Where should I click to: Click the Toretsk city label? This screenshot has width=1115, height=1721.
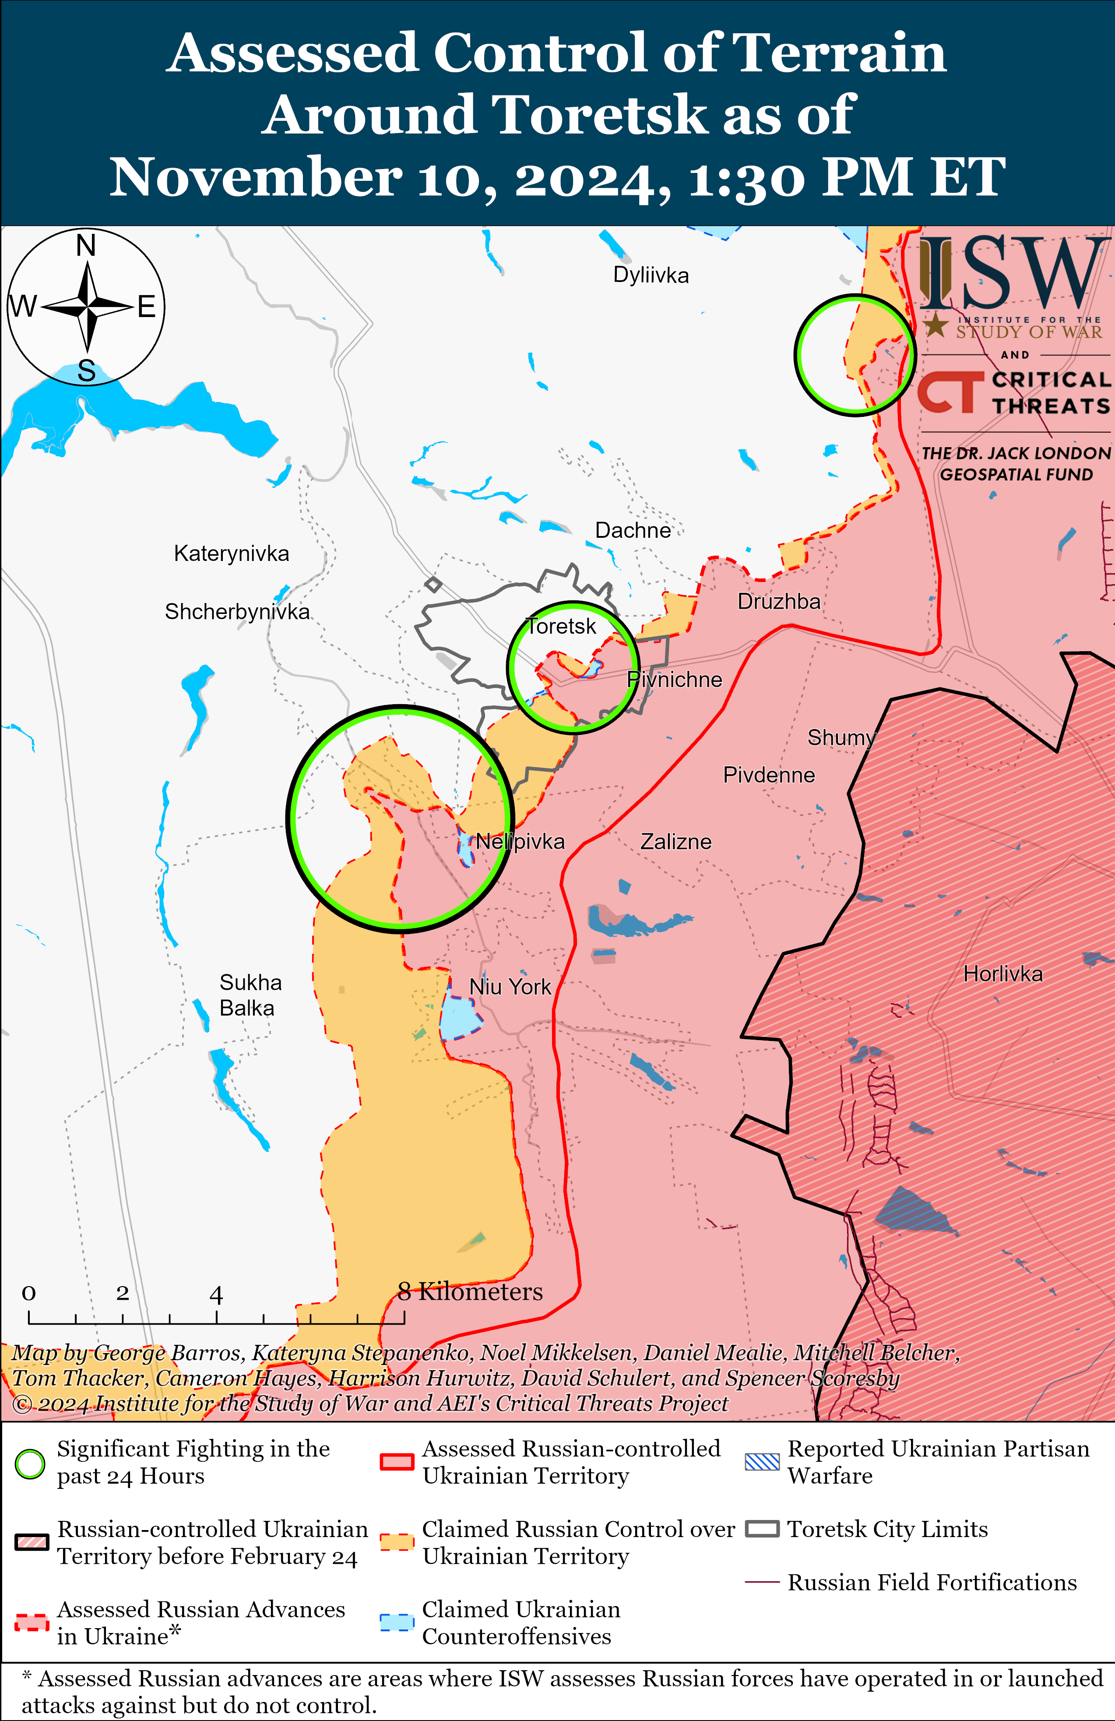(x=561, y=626)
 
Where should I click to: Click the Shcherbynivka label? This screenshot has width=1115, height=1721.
(x=237, y=612)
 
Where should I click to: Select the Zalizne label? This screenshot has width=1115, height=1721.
(x=675, y=842)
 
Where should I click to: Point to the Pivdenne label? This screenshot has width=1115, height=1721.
(x=769, y=775)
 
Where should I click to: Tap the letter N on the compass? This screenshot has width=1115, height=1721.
(x=86, y=246)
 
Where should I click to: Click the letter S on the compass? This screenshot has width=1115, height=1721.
(x=86, y=371)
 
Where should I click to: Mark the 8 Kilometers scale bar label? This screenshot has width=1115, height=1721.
(x=470, y=1291)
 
